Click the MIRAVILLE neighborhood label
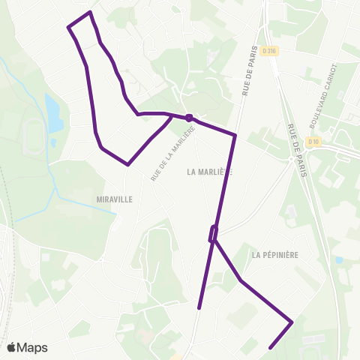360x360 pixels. [x=114, y=199]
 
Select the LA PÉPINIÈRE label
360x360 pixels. [x=275, y=255]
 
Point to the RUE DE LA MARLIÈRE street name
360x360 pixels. [x=173, y=154]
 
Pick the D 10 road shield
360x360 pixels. [x=313, y=142]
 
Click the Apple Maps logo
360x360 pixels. [x=28, y=347]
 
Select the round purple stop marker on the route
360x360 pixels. [x=189, y=117]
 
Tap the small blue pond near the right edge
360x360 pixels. [x=340, y=260]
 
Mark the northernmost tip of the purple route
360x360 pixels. [x=90, y=12]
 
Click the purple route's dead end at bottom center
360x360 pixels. [x=199, y=307]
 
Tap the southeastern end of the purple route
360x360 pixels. [x=269, y=347]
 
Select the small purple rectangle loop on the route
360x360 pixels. [x=213, y=233]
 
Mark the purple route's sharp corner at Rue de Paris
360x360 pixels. [x=235, y=136]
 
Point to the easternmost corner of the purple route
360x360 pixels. [x=291, y=322]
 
